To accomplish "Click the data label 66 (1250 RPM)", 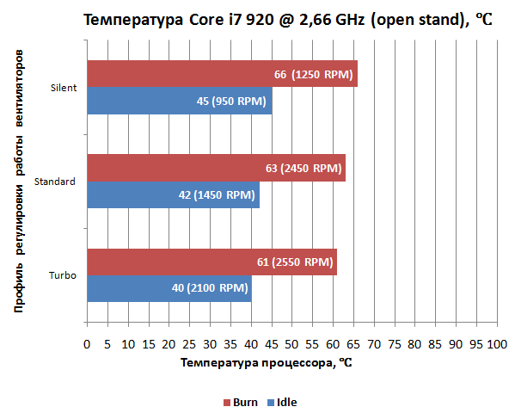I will tap(314, 75).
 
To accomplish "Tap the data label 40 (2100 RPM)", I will tap(211, 288).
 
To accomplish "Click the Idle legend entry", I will tap(282, 402).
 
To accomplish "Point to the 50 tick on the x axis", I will tap(291, 345).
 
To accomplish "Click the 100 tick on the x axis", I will tap(497, 345).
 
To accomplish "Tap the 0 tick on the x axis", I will tap(86, 345).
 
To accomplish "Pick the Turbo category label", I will tap(64, 275).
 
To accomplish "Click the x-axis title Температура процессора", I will tap(267, 364).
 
